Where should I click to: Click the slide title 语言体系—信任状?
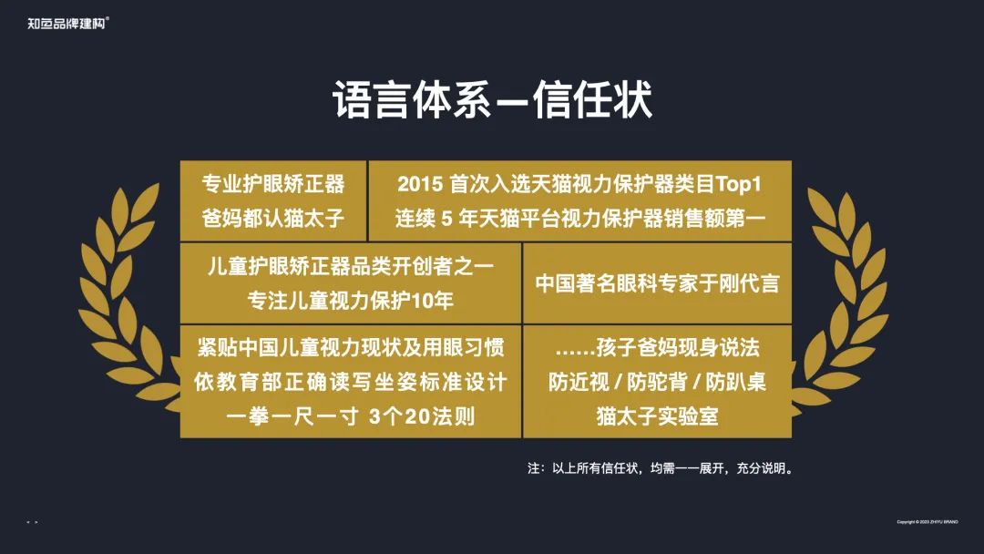point(492,100)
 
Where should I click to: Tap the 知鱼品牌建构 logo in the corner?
point(68,23)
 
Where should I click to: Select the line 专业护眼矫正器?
point(273,184)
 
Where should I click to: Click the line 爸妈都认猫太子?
point(273,220)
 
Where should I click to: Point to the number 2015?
point(420,184)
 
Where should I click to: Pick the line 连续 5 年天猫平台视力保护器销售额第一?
point(580,220)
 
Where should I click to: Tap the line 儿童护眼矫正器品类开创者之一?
point(351,267)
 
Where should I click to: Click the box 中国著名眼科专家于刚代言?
point(657,283)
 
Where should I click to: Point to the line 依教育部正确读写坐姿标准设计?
point(351,382)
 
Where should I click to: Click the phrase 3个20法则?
point(423,416)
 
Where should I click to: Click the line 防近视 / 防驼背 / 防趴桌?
point(657,382)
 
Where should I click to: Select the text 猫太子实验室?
point(657,416)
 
